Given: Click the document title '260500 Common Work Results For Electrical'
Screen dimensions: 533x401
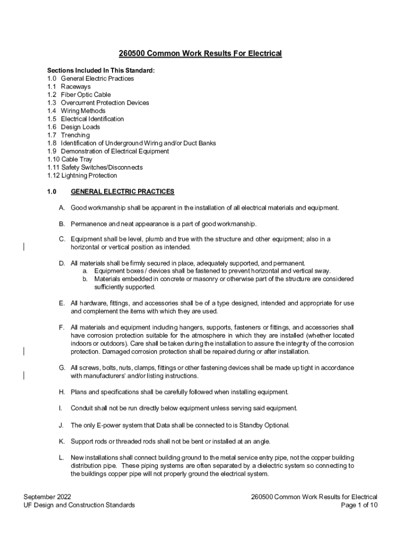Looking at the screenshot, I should [200, 54].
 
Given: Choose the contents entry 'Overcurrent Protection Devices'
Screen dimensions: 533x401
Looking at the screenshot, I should [105, 103].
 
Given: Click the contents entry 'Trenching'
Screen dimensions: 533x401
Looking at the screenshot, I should [75, 135].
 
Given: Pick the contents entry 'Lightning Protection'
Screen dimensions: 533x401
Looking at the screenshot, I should [89, 175].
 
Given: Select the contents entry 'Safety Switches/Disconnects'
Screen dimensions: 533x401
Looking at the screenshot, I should [102, 168].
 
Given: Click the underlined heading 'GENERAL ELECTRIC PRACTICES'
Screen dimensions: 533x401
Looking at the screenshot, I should [122, 192].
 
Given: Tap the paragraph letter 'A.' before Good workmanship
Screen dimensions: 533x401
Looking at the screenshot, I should [61, 208].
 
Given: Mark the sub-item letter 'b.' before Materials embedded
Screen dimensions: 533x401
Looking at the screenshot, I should [85, 279].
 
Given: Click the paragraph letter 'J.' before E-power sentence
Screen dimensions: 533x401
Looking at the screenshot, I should [61, 425].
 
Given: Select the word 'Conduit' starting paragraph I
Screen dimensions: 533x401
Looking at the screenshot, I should [82, 408].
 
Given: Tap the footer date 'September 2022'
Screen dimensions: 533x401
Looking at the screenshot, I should [47, 497].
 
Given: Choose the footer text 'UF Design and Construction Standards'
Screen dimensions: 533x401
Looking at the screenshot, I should [79, 505].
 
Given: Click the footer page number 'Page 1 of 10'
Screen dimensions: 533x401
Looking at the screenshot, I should [359, 505].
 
